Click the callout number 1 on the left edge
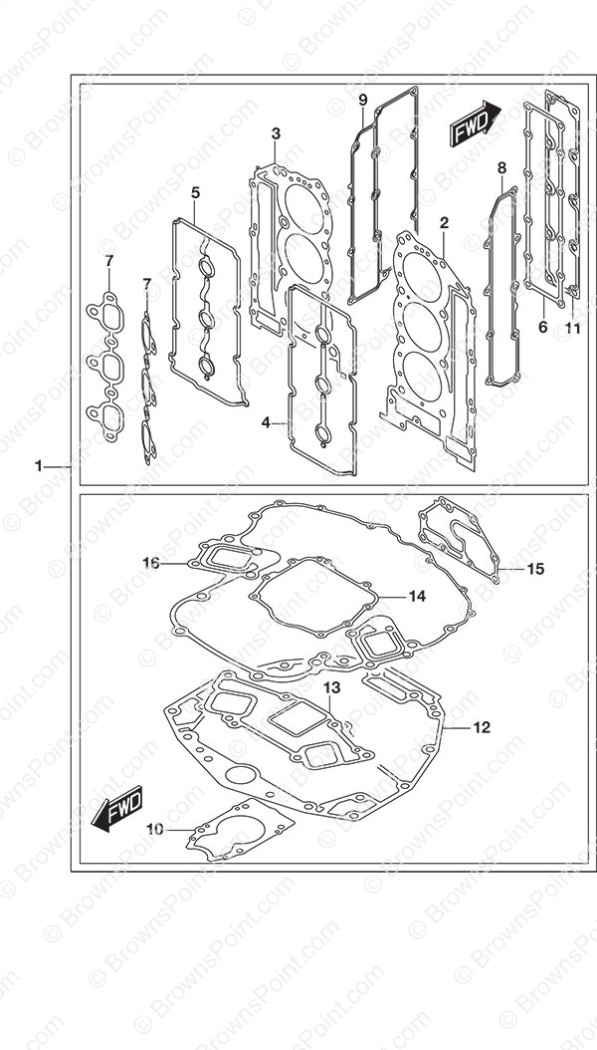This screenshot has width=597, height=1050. coord(39,465)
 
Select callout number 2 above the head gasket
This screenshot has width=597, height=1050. coord(445,223)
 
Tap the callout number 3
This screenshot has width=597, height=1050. coord(276,133)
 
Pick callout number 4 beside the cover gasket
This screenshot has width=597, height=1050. coord(266,422)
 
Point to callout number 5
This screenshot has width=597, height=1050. coord(195,193)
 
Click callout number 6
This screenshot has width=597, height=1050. coord(543,327)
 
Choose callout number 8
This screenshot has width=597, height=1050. coord(502,167)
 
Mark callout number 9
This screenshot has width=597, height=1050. coord(363,101)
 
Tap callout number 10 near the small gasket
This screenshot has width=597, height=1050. coord(154,830)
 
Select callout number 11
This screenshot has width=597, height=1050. coord(572,328)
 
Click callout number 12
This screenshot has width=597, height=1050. coord(482,727)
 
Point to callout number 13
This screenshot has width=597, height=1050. coord(332,687)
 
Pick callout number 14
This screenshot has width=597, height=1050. coord(417,596)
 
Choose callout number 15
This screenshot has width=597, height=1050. coord(535,569)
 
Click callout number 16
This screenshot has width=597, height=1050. coord(151,563)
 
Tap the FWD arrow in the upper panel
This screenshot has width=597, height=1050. coord(476,124)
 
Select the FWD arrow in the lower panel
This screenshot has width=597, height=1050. coord(117,809)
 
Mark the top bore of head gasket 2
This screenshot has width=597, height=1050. coord(422,277)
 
